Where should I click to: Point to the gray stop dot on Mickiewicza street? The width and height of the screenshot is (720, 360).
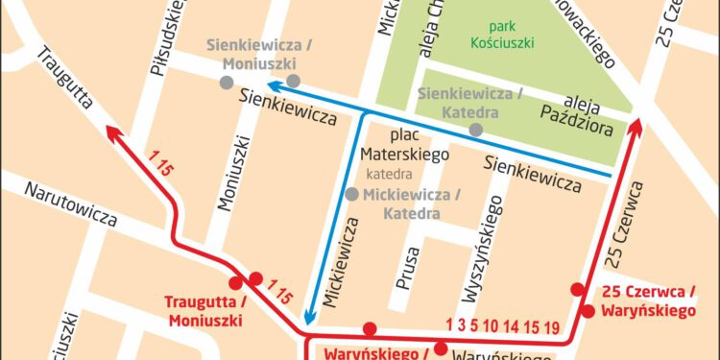coord(352,194)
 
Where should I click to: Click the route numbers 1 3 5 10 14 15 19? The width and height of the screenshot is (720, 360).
coord(503,324)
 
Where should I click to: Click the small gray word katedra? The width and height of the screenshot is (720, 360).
coord(389,176)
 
